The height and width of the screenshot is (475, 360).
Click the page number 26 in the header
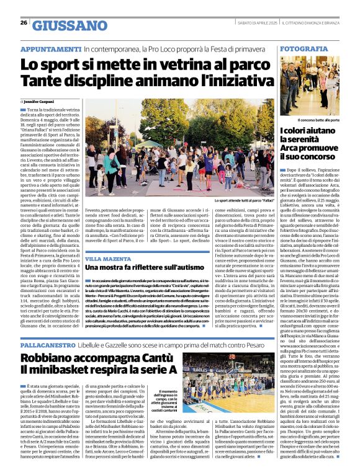click(24, 22)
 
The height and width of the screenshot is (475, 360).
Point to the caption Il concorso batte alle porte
click(316, 120)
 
